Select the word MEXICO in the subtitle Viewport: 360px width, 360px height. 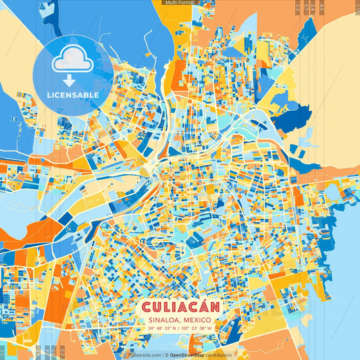click(x=197, y=320)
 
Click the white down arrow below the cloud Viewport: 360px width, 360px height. click(x=68, y=80)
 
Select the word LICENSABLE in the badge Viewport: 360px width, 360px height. click(x=73, y=95)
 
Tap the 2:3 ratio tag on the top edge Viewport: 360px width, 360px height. click(x=298, y=7)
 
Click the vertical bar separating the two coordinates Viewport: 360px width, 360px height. click(x=180, y=329)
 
